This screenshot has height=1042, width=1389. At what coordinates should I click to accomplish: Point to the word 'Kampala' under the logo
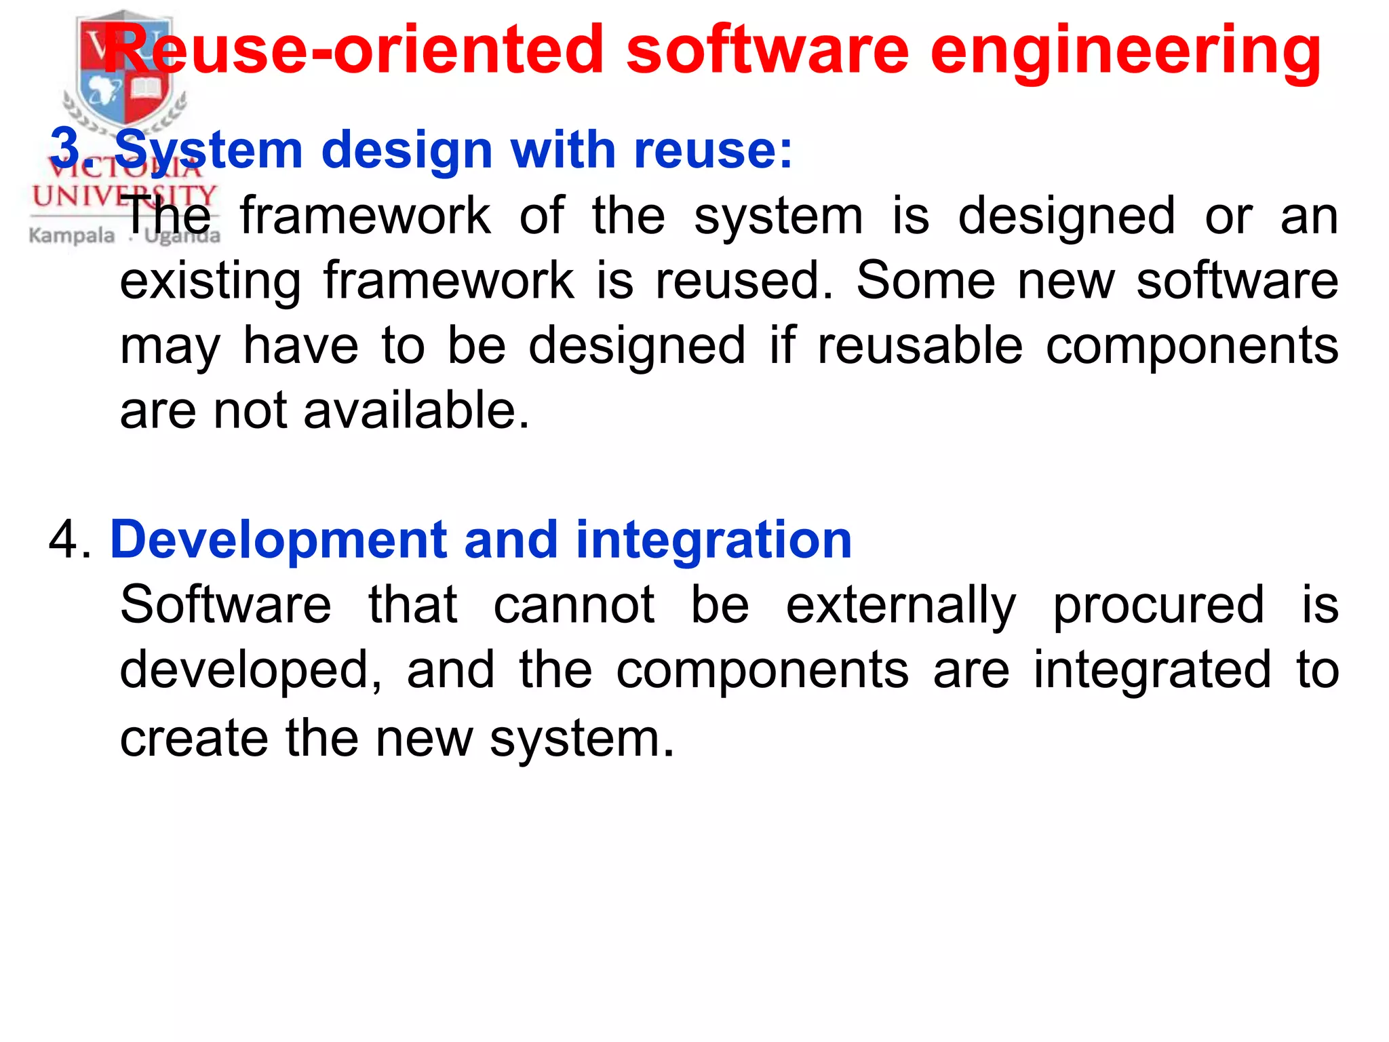72,235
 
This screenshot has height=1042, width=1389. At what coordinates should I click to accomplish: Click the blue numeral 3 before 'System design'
65,149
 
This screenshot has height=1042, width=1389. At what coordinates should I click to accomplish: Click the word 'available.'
416,411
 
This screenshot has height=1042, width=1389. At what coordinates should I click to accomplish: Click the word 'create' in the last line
194,738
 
